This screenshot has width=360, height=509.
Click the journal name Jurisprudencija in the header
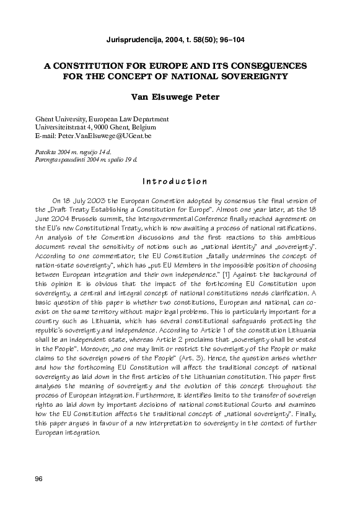130,40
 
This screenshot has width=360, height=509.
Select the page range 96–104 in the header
229,40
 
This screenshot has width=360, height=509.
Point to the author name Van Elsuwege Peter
179,97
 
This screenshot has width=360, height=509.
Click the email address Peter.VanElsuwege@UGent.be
104,135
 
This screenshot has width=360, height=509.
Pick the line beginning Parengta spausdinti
86,159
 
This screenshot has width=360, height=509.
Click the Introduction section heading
174,181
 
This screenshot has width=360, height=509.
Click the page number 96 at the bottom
39,479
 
